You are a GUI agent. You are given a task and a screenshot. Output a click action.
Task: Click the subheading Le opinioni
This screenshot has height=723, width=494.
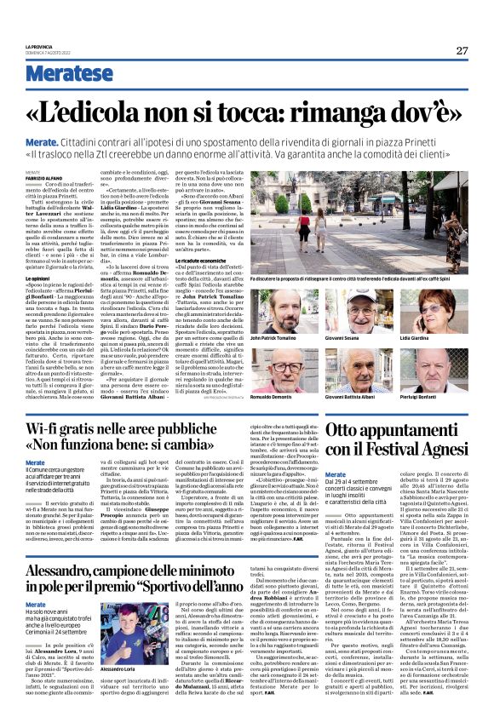pos(36,254)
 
